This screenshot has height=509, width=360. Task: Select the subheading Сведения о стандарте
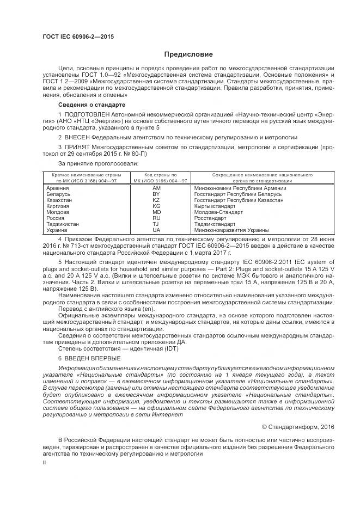(x=91, y=104)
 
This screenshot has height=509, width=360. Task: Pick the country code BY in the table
(x=156, y=194)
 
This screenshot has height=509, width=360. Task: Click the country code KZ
(x=156, y=200)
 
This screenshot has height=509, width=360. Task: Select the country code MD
(x=156, y=212)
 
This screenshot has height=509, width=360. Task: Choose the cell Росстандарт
(x=210, y=218)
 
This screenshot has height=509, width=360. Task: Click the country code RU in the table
(x=156, y=218)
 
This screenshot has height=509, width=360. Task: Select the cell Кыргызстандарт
(x=215, y=206)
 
